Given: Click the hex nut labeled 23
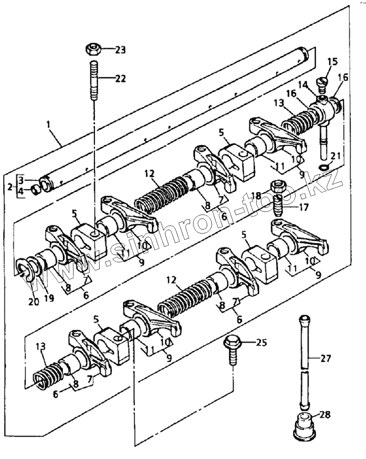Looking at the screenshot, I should (93, 49).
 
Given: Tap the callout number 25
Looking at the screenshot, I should (261, 341).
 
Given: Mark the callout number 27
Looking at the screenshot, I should (325, 359).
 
